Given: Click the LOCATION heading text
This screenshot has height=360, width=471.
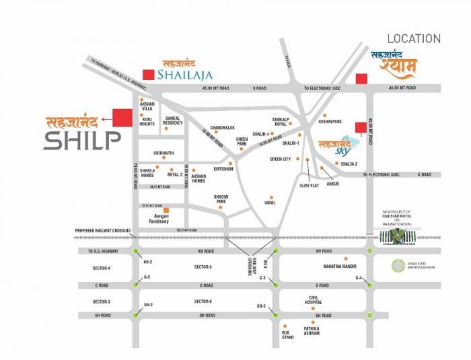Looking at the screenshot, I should pos(413,39).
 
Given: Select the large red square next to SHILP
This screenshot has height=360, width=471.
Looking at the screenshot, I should pos(122,117).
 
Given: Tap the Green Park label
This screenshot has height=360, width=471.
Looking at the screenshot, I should pos(242,142).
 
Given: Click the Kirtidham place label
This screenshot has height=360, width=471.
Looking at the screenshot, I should pos(223,169).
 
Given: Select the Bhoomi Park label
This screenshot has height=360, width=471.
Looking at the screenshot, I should pos(221,199).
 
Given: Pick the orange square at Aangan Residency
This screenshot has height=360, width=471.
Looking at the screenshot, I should pos(166,210).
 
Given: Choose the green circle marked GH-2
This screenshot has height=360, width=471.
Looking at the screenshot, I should pos(137,314).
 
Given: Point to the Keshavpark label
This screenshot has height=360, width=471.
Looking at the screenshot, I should pos(332,122).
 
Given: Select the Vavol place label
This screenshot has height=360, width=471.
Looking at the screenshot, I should pos(270,202).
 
